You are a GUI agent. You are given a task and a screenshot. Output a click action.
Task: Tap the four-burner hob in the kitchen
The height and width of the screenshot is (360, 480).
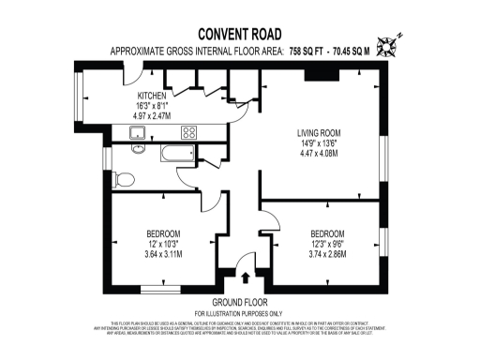point(188,132)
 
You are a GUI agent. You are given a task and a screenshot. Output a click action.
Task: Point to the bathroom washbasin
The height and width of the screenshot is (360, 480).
point(138,149)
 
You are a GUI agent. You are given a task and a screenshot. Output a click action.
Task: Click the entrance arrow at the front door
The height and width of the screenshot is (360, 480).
point(246,277)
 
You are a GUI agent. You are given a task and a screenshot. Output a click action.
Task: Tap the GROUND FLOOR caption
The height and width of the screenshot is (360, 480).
point(239,302)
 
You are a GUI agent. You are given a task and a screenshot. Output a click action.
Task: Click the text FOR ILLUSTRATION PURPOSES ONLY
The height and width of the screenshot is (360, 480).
point(239,312)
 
